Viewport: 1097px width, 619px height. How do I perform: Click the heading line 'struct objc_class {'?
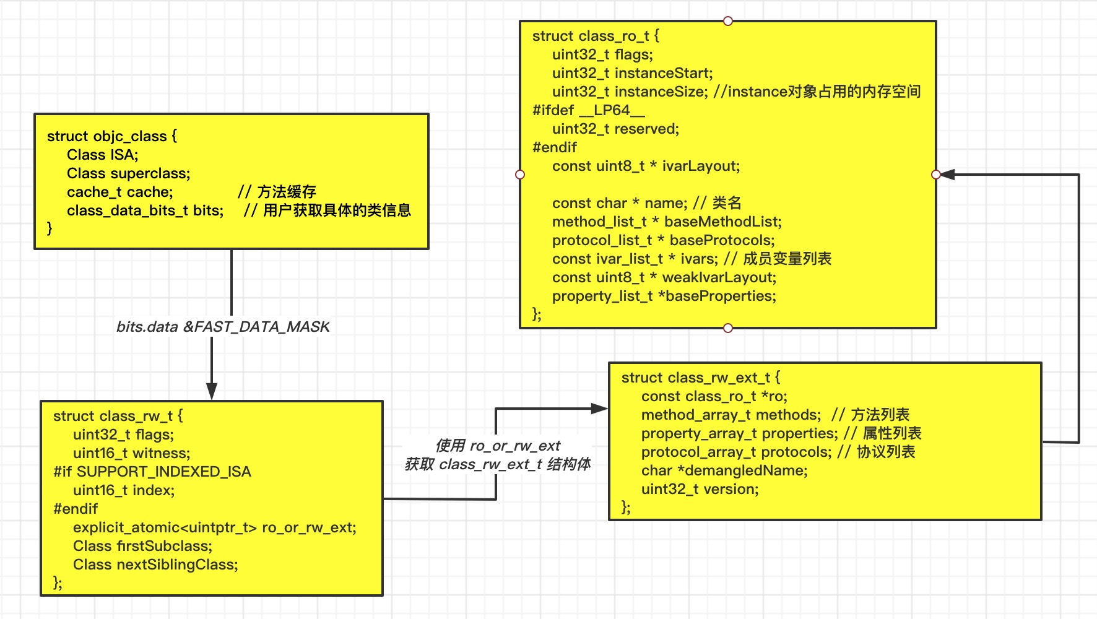[112, 136]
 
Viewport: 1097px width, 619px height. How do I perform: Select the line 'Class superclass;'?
[129, 173]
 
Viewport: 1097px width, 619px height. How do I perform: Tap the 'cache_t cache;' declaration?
[120, 192]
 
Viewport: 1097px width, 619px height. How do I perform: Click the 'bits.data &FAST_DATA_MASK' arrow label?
[223, 327]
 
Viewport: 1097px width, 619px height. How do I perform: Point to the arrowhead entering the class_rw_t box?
[212, 392]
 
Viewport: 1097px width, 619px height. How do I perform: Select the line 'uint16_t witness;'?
[131, 453]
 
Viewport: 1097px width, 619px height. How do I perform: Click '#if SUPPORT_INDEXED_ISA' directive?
[152, 472]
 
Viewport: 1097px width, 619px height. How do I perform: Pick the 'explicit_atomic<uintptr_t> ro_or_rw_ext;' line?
[214, 527]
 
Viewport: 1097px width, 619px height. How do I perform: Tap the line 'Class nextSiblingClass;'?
[155, 565]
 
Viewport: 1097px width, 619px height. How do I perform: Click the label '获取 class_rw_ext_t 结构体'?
[497, 464]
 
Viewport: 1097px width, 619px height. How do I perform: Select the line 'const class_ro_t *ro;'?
[714, 396]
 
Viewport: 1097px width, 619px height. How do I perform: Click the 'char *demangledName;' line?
[724, 470]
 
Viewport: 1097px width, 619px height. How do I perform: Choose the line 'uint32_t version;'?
[700, 489]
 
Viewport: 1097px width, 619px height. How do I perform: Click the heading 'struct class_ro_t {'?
[596, 36]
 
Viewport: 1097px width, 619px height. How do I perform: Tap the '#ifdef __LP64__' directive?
[589, 110]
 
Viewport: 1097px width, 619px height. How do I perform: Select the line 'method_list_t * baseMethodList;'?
[667, 222]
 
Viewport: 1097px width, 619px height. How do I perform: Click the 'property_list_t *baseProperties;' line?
[664, 296]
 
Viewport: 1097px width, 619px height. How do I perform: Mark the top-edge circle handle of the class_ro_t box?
[728, 21]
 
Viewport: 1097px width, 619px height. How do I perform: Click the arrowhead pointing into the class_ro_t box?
[947, 175]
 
